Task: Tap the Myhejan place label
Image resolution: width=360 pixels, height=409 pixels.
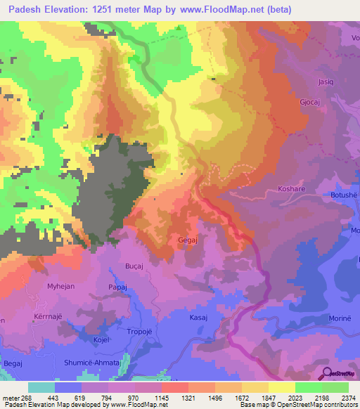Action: point(61,287)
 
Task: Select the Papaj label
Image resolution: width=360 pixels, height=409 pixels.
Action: point(117,287)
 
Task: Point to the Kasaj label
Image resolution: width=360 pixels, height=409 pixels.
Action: point(198,318)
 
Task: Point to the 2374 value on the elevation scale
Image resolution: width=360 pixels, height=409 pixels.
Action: point(347,398)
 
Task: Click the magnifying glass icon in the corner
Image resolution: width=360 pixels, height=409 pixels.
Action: point(326,374)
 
